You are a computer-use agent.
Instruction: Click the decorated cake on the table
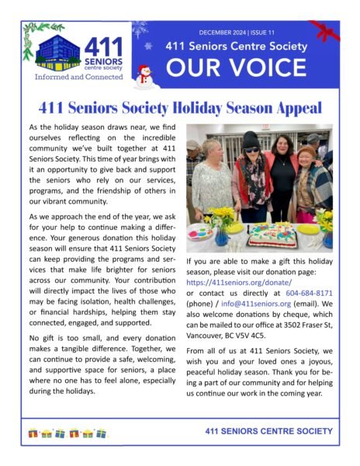pyautogui.click(x=272, y=231)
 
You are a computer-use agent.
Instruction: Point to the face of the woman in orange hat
pyautogui.click(x=307, y=155)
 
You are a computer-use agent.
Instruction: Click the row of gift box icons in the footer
pyautogui.click(x=67, y=431)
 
